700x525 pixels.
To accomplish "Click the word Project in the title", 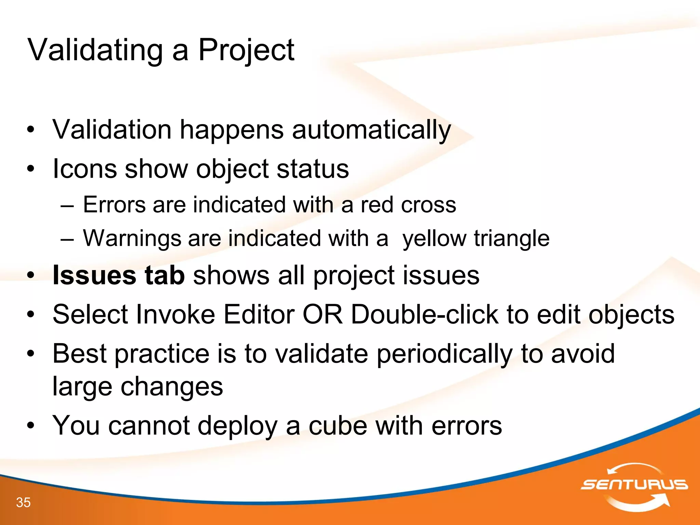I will point(246,50).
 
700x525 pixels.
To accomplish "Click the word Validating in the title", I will point(95,50).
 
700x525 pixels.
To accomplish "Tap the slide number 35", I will point(23,502).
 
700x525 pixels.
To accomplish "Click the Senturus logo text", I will point(634,485).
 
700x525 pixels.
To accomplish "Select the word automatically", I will point(372,130).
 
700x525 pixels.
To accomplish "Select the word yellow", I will point(434,238).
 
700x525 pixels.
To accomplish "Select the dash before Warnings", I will point(67,239).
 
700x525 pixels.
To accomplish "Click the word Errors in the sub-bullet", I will point(115,205).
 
